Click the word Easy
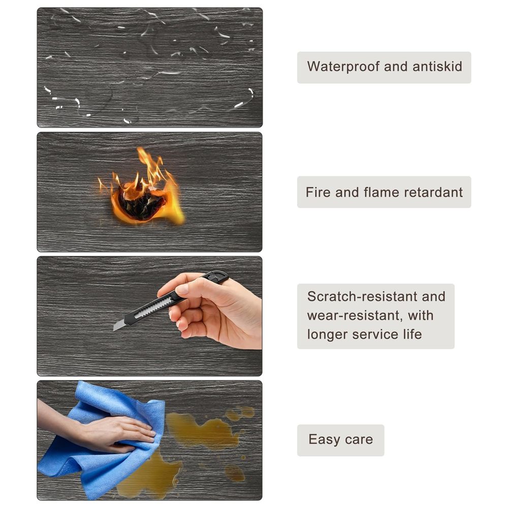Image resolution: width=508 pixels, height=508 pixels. click(324, 440)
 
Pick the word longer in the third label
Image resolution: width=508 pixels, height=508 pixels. click(327, 335)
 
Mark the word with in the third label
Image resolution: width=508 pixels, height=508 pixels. click(421, 315)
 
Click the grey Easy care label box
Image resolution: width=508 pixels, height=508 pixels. click(340, 440)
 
